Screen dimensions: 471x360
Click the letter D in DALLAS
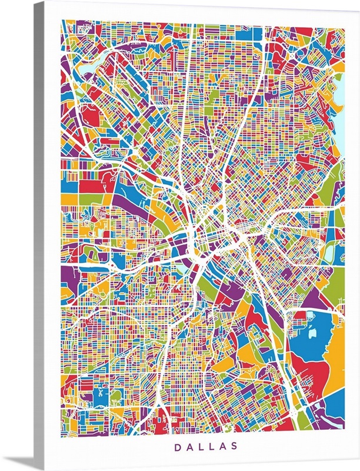(177, 447)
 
